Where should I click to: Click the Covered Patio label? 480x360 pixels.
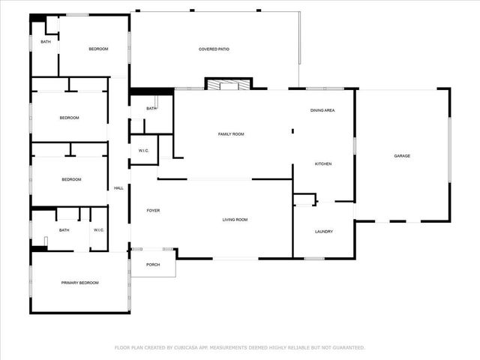tap(214, 49)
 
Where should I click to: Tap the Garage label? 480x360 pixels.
tap(402, 156)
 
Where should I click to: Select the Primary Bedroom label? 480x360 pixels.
tap(79, 283)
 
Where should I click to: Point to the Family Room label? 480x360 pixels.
tap(231, 134)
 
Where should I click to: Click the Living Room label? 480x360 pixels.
tap(235, 220)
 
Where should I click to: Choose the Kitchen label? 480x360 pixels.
tap(323, 163)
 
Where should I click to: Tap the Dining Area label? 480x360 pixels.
tap(322, 110)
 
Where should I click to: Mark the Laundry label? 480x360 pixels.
tap(323, 232)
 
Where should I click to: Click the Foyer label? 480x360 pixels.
tap(153, 211)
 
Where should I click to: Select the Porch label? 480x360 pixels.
tap(153, 265)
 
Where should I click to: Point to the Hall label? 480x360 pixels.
tap(118, 188)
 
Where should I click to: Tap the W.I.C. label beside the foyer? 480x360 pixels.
tap(144, 151)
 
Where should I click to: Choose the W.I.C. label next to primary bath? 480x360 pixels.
tap(98, 230)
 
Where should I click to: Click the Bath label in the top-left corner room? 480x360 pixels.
tap(46, 42)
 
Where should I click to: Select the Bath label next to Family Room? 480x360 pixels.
tap(151, 109)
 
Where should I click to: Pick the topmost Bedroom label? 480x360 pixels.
tap(98, 49)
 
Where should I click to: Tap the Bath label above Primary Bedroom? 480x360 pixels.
tap(64, 230)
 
